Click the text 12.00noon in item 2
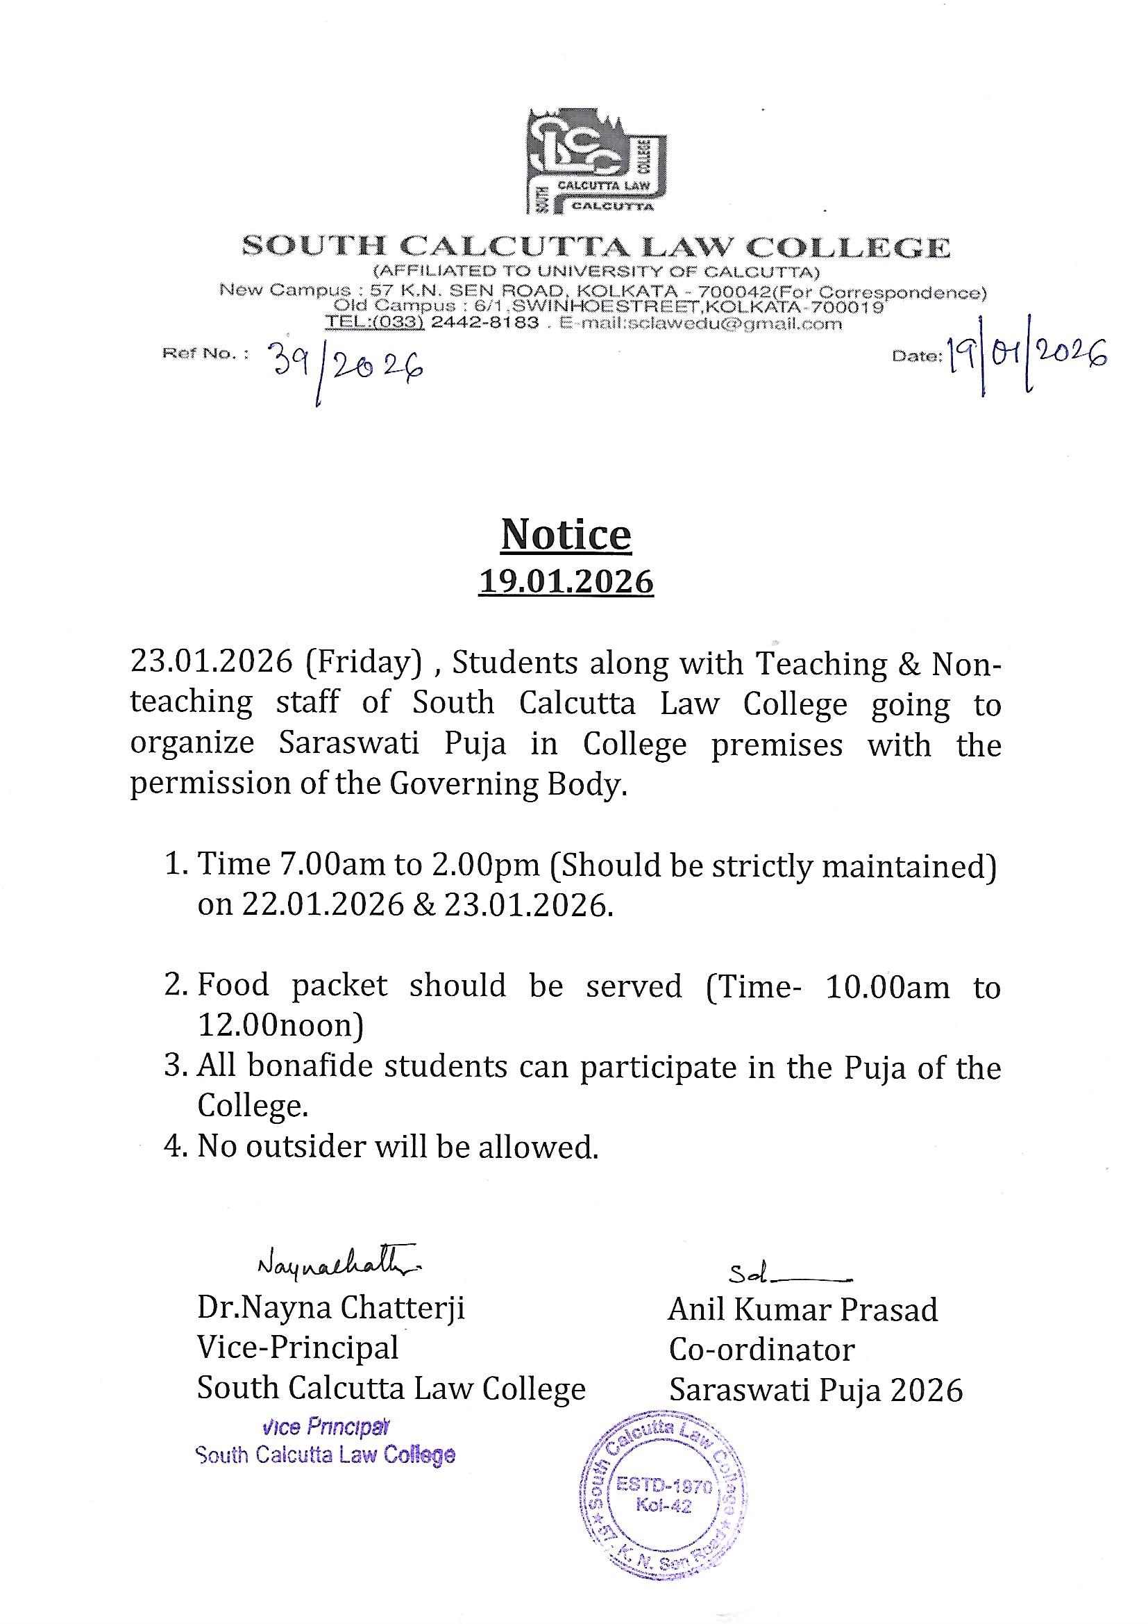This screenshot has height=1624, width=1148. (280, 1025)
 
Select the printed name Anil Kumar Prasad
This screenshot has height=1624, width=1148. (803, 1310)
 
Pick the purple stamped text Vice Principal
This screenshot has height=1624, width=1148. (325, 1427)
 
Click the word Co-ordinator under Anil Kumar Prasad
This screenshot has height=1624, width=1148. (762, 1350)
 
